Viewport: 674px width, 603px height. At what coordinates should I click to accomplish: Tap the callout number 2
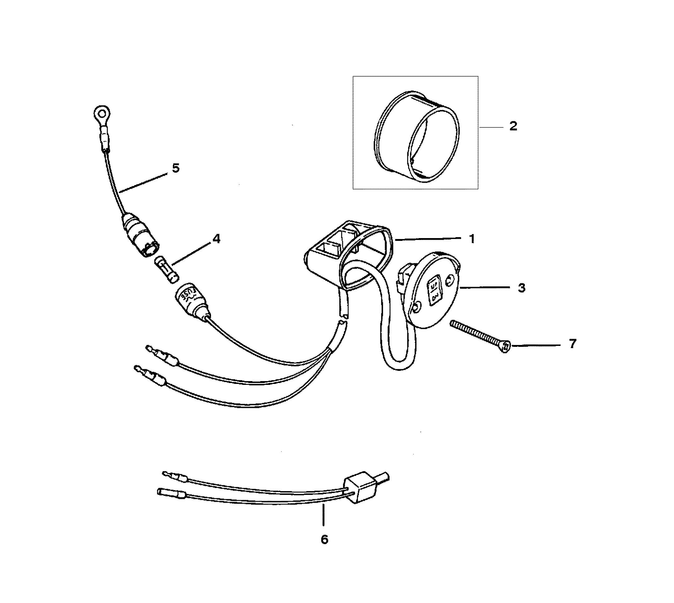point(513,126)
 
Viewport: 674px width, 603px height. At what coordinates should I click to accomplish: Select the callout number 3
point(521,288)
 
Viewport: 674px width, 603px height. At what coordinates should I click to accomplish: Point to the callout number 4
point(216,238)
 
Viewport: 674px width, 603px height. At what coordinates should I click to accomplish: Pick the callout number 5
point(176,168)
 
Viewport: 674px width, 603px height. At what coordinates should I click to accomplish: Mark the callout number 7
point(573,344)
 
